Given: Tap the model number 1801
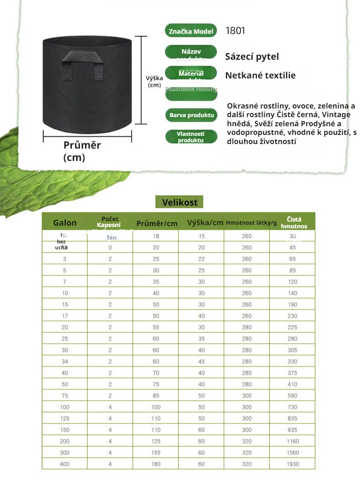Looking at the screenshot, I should point(235,31).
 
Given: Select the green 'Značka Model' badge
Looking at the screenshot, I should point(191,31).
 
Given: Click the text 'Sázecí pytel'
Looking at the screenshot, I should point(252,57).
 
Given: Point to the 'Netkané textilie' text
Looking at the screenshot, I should point(260,75).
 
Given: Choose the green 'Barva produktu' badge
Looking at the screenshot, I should point(192,115).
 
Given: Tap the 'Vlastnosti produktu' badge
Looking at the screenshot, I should point(190,137).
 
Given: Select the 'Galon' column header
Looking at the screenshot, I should point(65,223).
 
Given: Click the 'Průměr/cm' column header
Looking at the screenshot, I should point(157,223).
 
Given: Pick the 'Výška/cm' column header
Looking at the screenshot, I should point(205,223).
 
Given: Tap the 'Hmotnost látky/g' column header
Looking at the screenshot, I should point(251,223).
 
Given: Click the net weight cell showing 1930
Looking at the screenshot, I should point(293,464).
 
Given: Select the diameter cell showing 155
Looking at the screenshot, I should point(156,453).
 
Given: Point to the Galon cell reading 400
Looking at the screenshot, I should point(65,464).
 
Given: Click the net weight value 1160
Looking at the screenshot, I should point(293,441).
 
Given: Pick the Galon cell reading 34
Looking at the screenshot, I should point(65,361).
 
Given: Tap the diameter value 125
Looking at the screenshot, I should point(156,441).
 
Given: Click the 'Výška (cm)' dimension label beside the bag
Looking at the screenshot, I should point(154,82).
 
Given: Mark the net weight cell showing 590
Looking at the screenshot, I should point(293,396).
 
